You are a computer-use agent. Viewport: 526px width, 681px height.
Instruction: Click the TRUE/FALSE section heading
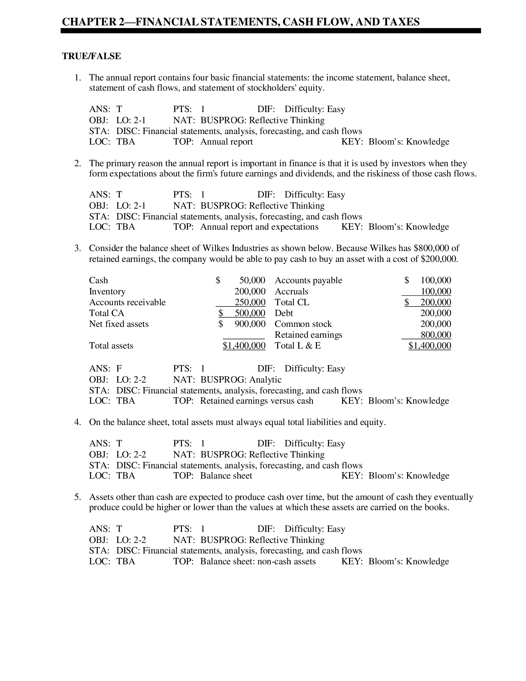point(91,56)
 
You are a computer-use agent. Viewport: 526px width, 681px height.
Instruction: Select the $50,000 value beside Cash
point(252,280)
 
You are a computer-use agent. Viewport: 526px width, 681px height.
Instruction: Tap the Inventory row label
point(107,291)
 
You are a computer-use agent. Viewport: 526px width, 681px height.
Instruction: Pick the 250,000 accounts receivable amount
point(250,302)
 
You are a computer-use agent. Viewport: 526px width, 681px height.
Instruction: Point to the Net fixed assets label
point(119,324)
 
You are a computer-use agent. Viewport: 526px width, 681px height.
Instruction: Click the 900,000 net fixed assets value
point(250,324)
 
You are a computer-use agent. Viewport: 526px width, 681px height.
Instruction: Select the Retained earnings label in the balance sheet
point(308,335)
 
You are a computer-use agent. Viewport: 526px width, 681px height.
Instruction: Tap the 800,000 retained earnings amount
point(436,335)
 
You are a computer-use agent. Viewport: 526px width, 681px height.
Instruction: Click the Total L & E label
point(298,345)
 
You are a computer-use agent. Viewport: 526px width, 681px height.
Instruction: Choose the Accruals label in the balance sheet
point(291,291)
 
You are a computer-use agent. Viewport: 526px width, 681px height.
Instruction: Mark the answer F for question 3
point(119,369)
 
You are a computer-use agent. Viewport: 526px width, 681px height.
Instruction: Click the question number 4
point(77,422)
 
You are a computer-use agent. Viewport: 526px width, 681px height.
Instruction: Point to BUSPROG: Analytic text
point(240,380)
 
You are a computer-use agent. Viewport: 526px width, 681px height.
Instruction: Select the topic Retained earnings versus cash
point(257,401)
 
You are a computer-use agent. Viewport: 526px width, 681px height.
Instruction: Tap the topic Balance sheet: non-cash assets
point(258,562)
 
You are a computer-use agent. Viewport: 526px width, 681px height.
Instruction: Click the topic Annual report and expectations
point(259,227)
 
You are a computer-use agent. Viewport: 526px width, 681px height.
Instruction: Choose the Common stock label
point(303,324)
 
